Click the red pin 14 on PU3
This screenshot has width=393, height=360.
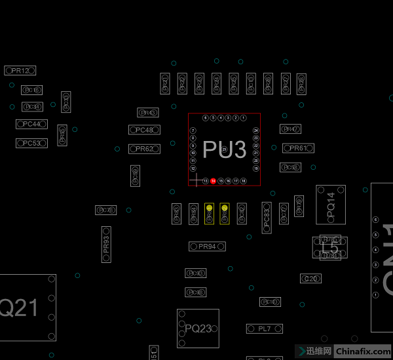pyautogui.click(x=213, y=180)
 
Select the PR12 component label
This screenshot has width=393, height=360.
pyautogui.click(x=20, y=70)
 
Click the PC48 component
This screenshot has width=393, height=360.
pyautogui.click(x=145, y=130)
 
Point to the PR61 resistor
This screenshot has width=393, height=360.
pyautogui.click(x=297, y=148)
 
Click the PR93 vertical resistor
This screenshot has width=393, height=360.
pyautogui.click(x=106, y=245)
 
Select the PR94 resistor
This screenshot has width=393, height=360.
pyautogui.click(x=207, y=247)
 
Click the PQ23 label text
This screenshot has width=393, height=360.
pyautogui.click(x=198, y=329)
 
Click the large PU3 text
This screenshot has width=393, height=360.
pyautogui.click(x=224, y=150)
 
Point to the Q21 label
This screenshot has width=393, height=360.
pyautogui.click(x=18, y=308)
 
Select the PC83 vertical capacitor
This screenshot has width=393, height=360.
pyautogui.click(x=267, y=217)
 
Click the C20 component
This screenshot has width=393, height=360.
pyautogui.click(x=310, y=279)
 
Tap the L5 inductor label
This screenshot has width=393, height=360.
pyautogui.click(x=331, y=247)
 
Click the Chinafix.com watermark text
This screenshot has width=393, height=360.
pyautogui.click(x=362, y=351)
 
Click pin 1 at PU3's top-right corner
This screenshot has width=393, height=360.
pyautogui.click(x=243, y=118)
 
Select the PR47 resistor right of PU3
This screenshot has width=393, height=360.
pyautogui.click(x=290, y=129)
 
